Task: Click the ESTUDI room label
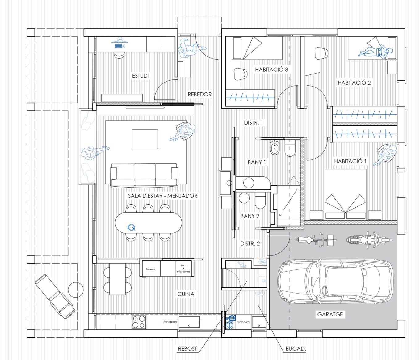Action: click(x=141, y=76)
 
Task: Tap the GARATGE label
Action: click(x=330, y=315)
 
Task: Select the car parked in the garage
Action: click(x=335, y=282)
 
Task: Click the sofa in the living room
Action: click(x=144, y=175)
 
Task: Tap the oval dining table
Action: click(x=149, y=222)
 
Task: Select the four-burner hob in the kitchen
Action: click(x=139, y=322)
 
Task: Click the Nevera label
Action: click(x=151, y=269)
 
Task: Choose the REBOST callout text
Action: click(x=187, y=349)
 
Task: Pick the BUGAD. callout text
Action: click(x=296, y=349)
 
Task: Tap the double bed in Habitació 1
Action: click(x=346, y=194)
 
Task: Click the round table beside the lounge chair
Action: click(x=76, y=290)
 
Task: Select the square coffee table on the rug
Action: click(x=145, y=139)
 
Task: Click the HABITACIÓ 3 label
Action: click(x=271, y=70)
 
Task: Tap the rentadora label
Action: click(x=243, y=322)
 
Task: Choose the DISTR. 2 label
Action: click(x=250, y=244)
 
